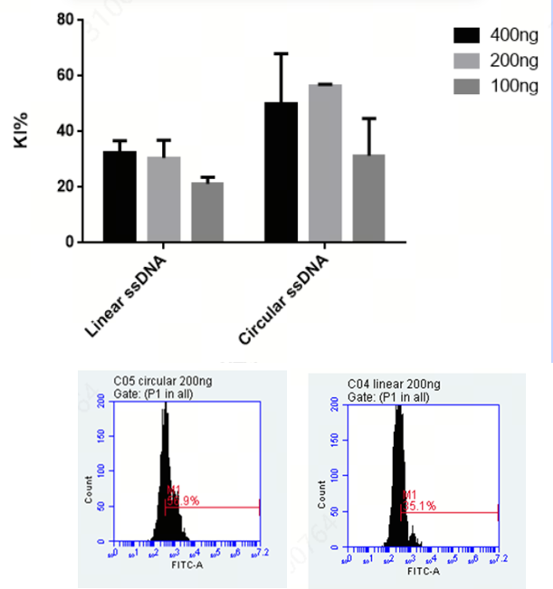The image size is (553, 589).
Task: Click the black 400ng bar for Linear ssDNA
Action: (x=119, y=196)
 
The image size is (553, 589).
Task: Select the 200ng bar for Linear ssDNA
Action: (x=164, y=199)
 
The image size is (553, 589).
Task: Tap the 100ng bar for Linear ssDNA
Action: (x=207, y=212)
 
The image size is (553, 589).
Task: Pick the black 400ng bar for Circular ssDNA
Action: (x=281, y=172)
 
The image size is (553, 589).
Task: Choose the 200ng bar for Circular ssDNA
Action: (x=324, y=163)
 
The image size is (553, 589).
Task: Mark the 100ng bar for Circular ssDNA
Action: (x=368, y=198)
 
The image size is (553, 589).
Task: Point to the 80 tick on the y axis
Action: (x=63, y=19)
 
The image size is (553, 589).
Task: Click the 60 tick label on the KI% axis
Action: (x=63, y=75)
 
